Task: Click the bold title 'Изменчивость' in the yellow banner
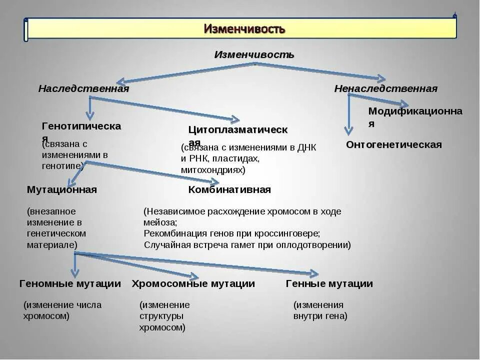pyautogui.click(x=244, y=29)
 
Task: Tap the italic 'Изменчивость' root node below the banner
pyautogui.click(x=254, y=54)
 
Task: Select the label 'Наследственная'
pyautogui.click(x=83, y=89)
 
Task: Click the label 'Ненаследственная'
pyautogui.click(x=385, y=89)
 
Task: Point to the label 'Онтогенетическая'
pyautogui.click(x=394, y=145)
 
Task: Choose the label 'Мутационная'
pyautogui.click(x=61, y=190)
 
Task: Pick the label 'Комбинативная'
pyautogui.click(x=229, y=190)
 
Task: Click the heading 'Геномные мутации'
pyautogui.click(x=70, y=284)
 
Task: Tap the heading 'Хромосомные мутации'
pyautogui.click(x=193, y=284)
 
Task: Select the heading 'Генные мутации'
pyautogui.click(x=329, y=284)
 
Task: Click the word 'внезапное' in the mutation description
pyautogui.click(x=52, y=211)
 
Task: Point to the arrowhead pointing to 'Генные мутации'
pyautogui.click(x=314, y=273)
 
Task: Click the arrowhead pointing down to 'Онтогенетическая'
pyautogui.click(x=348, y=131)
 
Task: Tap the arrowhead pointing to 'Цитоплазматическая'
pyautogui.click(x=234, y=119)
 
